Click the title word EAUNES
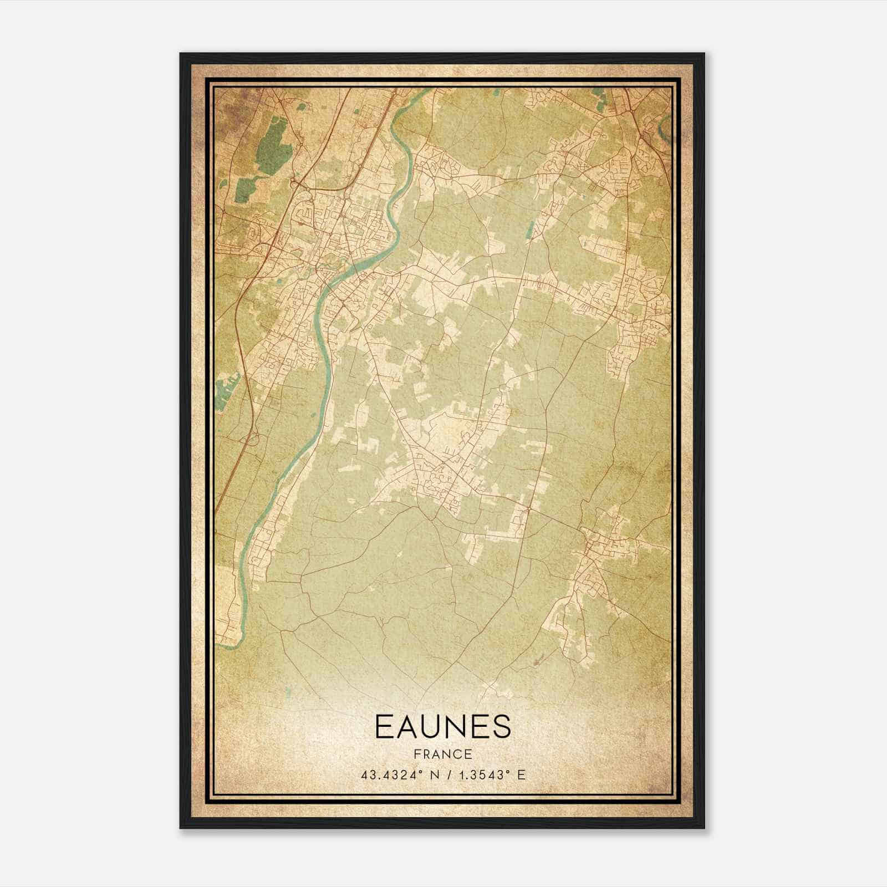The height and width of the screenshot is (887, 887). [442, 726]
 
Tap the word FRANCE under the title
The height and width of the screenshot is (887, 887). [442, 755]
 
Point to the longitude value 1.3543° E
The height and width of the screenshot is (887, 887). [490, 775]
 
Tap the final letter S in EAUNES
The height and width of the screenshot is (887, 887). [501, 726]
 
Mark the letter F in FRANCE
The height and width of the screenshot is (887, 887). [416, 755]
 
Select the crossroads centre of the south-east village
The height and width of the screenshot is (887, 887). [588, 546]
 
